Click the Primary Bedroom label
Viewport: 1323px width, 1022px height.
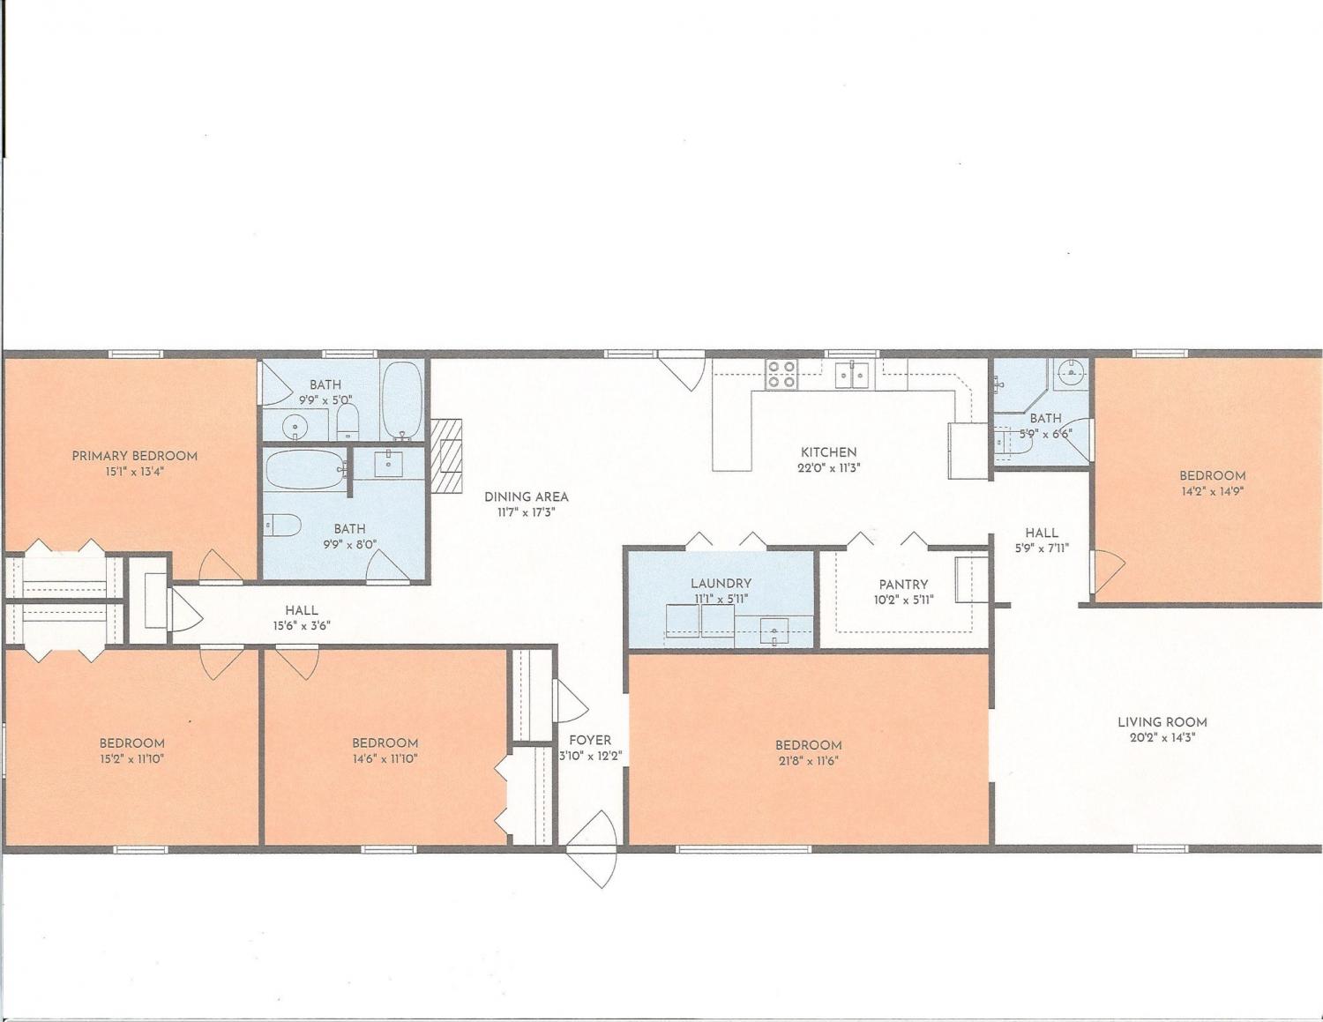click(135, 456)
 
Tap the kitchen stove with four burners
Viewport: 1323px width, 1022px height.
click(781, 374)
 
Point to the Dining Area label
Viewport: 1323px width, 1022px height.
click(526, 496)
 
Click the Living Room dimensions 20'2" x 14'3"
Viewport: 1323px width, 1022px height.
click(1162, 738)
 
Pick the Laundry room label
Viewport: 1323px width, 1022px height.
click(721, 583)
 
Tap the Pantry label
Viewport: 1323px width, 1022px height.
click(903, 585)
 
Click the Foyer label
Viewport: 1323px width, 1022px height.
click(590, 740)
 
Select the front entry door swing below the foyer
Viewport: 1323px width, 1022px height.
click(592, 848)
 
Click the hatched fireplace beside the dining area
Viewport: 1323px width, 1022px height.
click(446, 455)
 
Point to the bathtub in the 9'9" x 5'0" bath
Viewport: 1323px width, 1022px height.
click(402, 399)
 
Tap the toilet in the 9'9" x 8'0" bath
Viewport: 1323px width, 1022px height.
click(283, 525)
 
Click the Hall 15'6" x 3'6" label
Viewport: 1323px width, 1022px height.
click(302, 617)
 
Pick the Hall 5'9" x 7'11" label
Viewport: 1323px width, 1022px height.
click(1041, 540)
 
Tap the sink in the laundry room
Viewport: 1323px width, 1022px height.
click(774, 631)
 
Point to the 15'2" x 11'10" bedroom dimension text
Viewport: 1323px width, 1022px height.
click(131, 759)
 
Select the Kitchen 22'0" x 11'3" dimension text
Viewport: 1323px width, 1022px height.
click(828, 468)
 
